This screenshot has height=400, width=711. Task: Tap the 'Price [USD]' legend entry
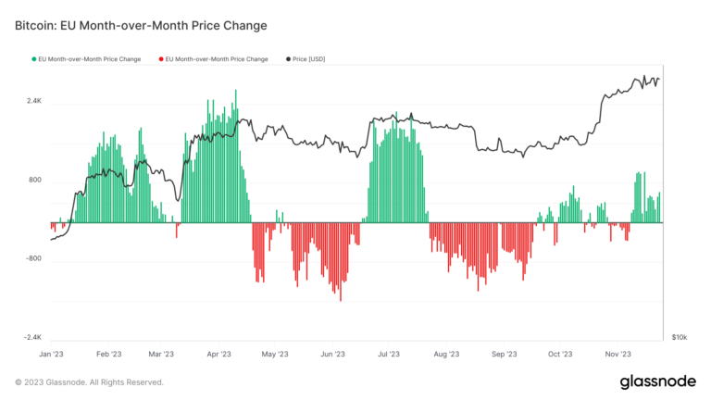[x=307, y=59]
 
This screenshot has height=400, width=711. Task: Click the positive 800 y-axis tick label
[x=35, y=180]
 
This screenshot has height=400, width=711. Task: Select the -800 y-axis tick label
[x=34, y=259]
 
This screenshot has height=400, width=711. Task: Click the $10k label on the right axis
[x=679, y=339]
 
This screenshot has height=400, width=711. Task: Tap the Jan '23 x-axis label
[x=51, y=354]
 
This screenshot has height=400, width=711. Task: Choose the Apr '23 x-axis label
[x=218, y=354]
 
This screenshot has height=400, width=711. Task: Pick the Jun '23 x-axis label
[x=332, y=354]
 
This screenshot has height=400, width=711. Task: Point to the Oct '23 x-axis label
[x=560, y=354]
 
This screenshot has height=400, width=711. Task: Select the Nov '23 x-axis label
[x=617, y=354]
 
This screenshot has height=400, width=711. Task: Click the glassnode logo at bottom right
[x=658, y=381]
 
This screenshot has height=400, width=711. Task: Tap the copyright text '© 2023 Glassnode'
[x=89, y=381]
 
